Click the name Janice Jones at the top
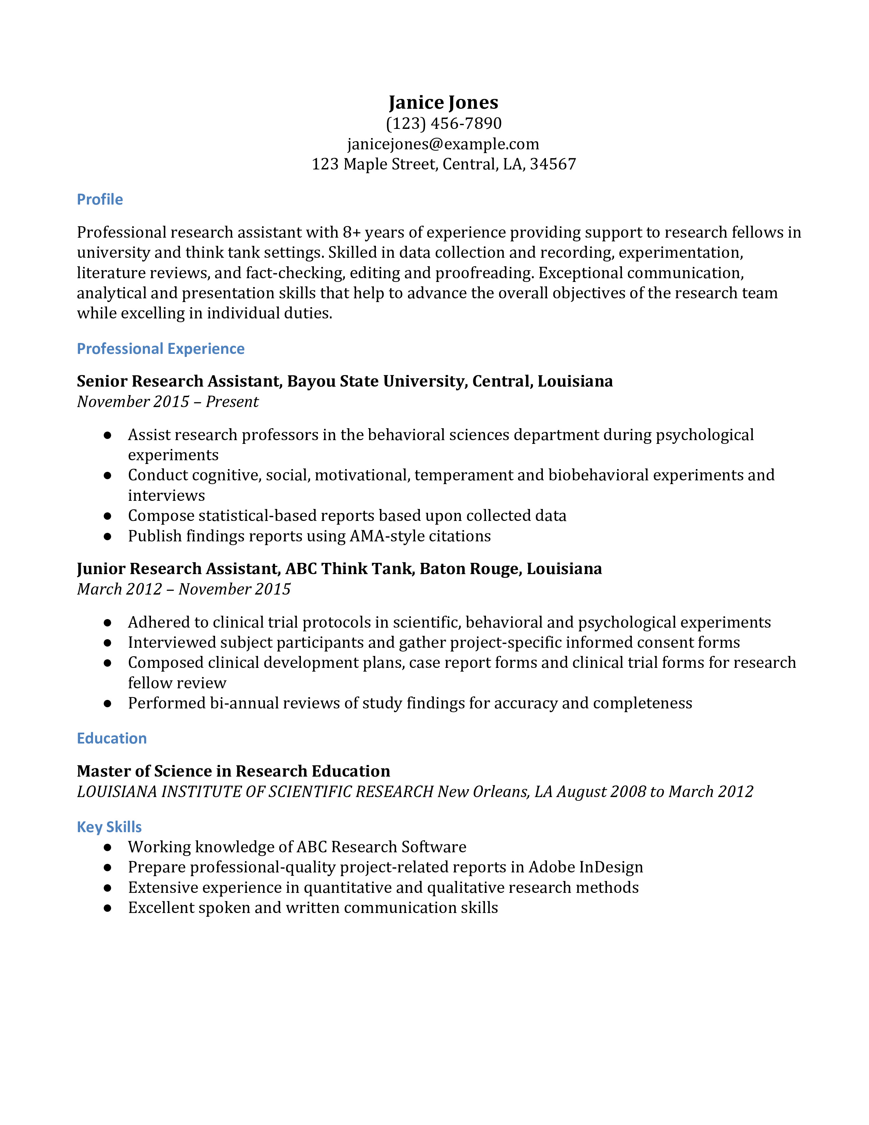(443, 103)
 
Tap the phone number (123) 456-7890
(443, 124)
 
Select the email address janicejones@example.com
(443, 144)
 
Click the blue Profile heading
(100, 199)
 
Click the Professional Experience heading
(161, 349)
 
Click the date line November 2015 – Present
(168, 402)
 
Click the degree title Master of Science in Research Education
(233, 771)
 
